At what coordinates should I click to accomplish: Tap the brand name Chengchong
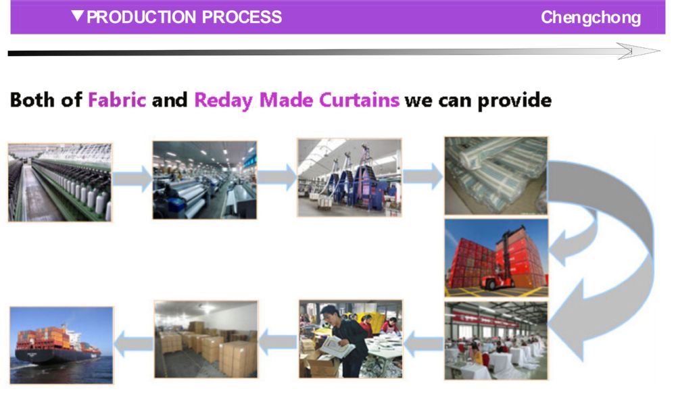(591, 18)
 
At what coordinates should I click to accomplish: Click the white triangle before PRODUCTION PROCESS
(78, 16)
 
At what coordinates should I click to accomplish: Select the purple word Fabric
(117, 100)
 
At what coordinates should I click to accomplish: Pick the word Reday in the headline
(223, 101)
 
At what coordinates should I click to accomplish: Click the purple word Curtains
(359, 100)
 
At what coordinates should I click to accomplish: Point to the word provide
(514, 101)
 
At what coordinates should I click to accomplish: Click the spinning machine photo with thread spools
(60, 182)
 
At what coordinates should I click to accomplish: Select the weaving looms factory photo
(205, 180)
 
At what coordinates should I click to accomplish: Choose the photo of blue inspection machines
(349, 178)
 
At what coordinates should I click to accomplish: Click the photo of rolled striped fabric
(496, 176)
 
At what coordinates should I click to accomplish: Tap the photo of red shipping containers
(496, 258)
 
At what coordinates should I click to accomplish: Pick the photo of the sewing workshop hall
(496, 341)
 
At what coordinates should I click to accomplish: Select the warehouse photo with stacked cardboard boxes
(206, 340)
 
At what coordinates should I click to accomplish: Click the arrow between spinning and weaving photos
(132, 178)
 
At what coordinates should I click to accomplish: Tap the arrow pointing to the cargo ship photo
(134, 343)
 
